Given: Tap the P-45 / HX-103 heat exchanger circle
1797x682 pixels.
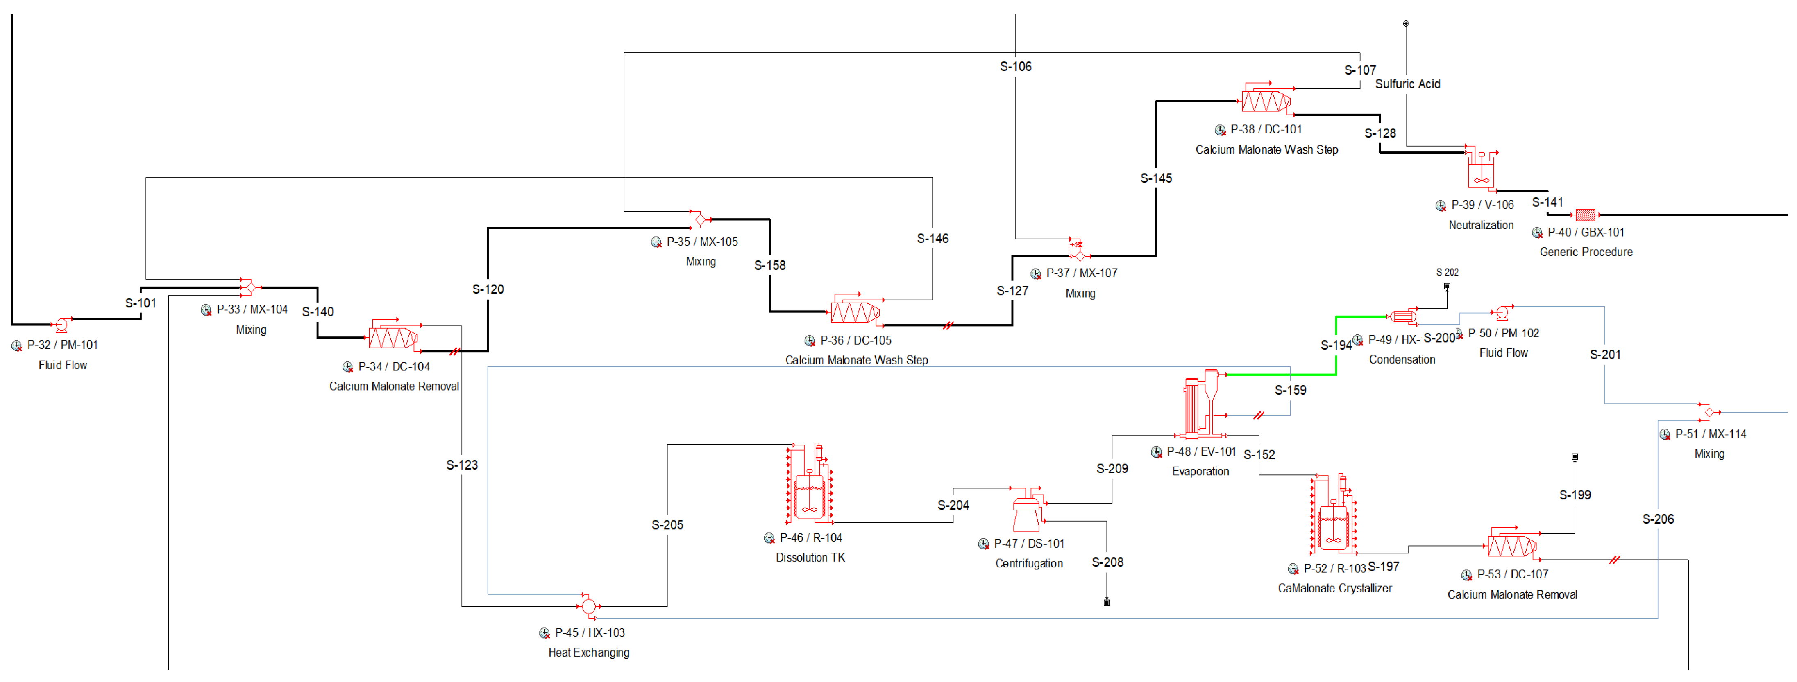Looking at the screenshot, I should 589,606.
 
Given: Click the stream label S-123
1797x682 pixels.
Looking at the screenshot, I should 462,465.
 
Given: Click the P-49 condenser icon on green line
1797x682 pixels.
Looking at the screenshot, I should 1403,316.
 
